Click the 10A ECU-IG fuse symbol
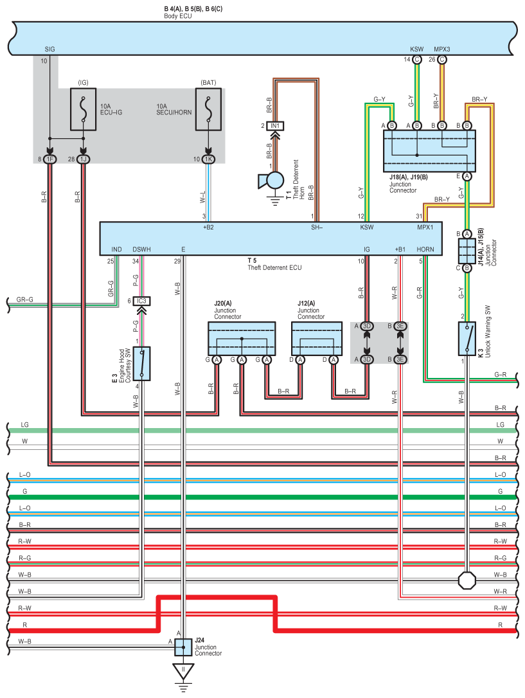(x=83, y=109)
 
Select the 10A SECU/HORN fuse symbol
(x=208, y=109)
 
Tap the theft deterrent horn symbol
(x=272, y=181)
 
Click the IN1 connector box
(x=275, y=126)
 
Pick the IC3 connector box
(x=141, y=301)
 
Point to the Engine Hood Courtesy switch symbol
(x=141, y=364)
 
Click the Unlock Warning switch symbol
(x=467, y=339)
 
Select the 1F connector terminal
(x=50, y=159)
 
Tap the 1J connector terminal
(x=83, y=159)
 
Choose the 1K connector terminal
(x=208, y=159)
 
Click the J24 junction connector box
(x=183, y=647)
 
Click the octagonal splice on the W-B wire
(x=467, y=580)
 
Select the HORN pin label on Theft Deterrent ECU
(x=425, y=249)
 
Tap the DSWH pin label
(x=141, y=249)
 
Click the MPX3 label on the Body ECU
(x=442, y=49)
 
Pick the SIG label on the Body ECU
(x=50, y=49)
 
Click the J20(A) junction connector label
(x=223, y=303)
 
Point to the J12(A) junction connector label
(x=306, y=303)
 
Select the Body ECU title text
(x=177, y=16)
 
